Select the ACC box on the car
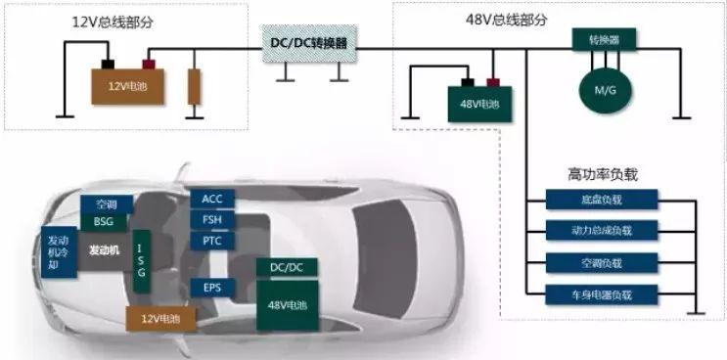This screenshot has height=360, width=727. point(212,200)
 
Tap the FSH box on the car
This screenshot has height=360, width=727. point(212,220)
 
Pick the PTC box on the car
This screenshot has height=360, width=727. point(212,241)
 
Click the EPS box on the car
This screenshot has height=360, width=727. point(212,288)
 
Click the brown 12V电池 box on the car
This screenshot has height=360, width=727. point(159,318)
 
